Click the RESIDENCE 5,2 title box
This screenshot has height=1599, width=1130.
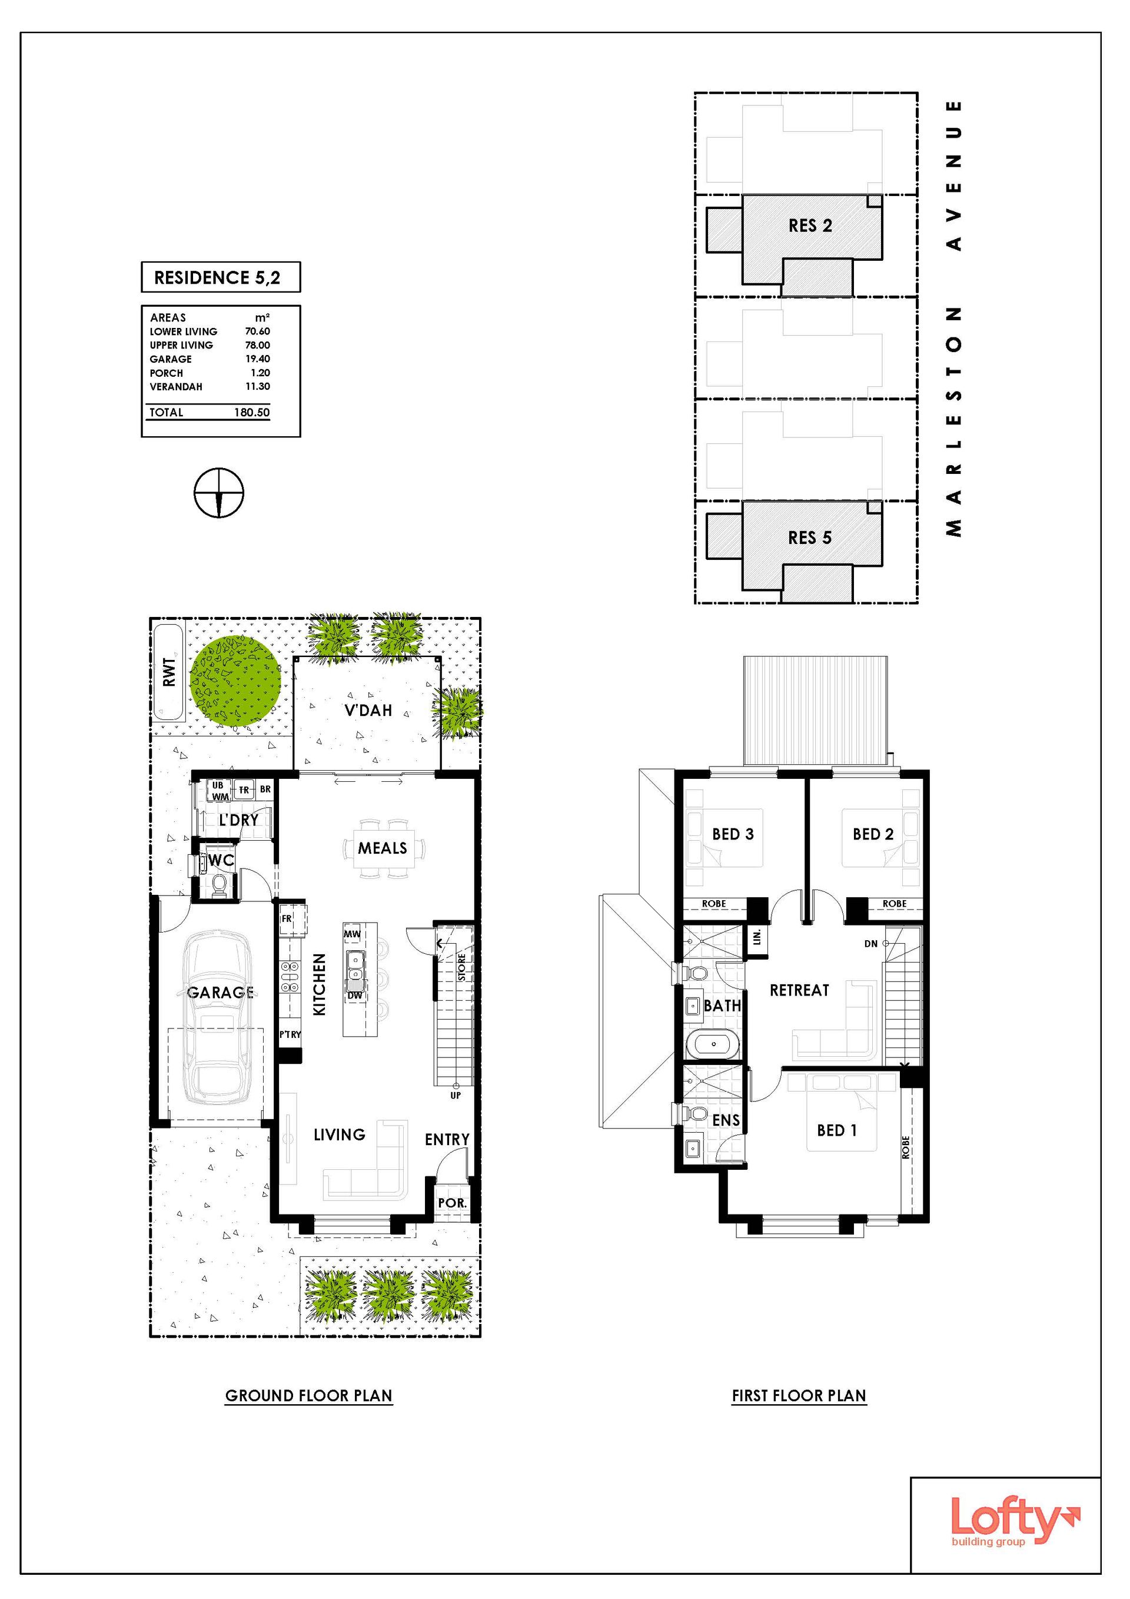tap(221, 277)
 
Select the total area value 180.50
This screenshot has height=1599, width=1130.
tap(252, 412)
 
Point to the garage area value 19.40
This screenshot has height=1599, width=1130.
tap(258, 359)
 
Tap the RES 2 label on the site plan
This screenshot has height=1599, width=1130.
tap(810, 225)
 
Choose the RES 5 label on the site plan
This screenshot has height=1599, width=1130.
tap(810, 538)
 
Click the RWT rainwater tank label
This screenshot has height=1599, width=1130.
tap(168, 673)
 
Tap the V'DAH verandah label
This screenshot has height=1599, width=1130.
tap(368, 711)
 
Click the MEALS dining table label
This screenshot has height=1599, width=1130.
tap(382, 848)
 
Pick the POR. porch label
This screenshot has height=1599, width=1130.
tap(452, 1203)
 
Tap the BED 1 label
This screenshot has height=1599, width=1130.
tap(836, 1130)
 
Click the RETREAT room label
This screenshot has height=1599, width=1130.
tap(799, 990)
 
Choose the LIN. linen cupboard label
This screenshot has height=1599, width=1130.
tap(757, 937)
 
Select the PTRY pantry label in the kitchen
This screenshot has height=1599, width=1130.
tap(290, 1034)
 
